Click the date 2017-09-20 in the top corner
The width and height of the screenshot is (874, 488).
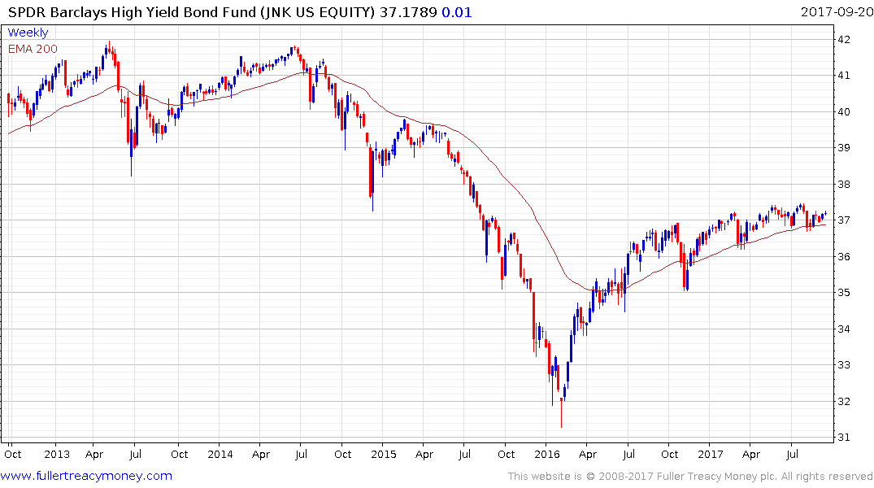coord(833,12)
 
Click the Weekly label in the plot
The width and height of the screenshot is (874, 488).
coord(28,33)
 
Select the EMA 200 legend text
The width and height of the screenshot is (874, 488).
coord(33,48)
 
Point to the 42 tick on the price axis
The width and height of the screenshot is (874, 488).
coord(845,39)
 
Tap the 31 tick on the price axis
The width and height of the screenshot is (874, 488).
coord(845,438)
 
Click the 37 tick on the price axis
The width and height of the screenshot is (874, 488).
coord(845,220)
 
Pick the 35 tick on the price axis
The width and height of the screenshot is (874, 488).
coord(845,293)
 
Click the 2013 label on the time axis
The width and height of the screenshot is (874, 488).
coord(55,454)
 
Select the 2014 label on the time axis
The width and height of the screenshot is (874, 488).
coord(220,454)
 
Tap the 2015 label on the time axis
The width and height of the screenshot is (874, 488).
coord(383,454)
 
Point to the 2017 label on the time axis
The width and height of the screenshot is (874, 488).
coord(711,454)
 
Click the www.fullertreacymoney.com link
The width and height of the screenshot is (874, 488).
coord(87,476)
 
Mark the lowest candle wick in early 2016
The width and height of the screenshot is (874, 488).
coord(561,425)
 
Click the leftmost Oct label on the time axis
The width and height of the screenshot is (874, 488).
coord(14,454)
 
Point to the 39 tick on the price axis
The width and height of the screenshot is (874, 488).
coord(845,148)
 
